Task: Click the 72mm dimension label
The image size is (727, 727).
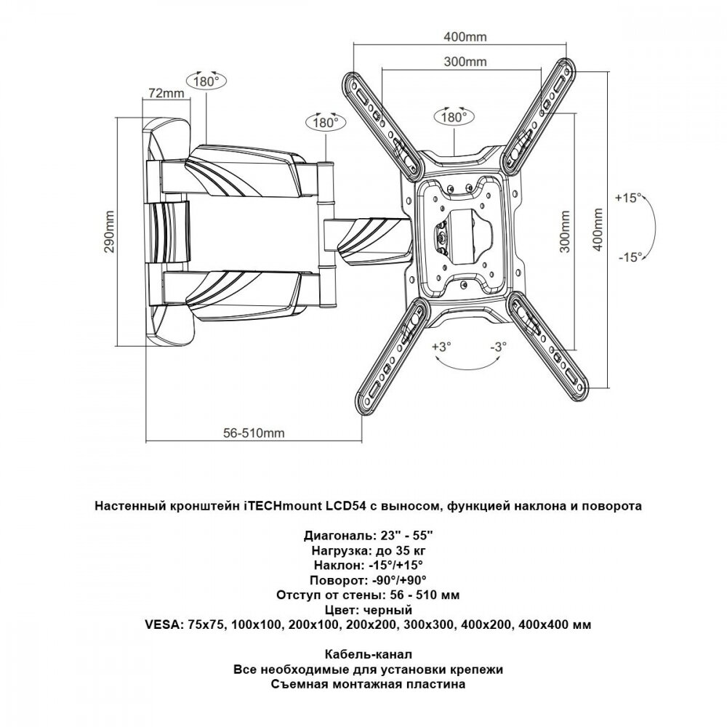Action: [164, 94]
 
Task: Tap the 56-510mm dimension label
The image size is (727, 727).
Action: [253, 433]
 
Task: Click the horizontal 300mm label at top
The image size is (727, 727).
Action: [464, 63]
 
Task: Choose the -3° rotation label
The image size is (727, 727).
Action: [497, 347]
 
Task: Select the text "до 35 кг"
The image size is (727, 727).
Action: [393, 550]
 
